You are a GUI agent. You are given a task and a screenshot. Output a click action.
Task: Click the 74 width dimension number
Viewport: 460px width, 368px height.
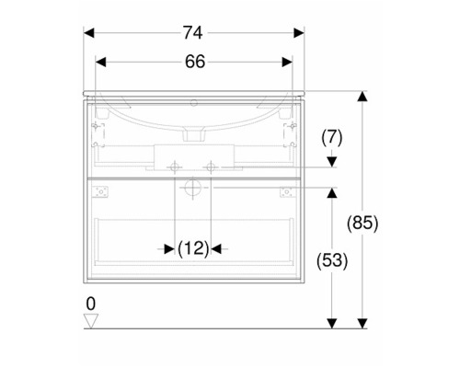coord(193,33)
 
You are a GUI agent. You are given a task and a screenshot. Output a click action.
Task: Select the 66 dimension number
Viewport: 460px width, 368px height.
coord(195,62)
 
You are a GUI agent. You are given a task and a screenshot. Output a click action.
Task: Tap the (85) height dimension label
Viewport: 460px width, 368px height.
coord(362,223)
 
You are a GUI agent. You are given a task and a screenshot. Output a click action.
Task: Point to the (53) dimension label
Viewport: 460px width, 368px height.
coord(332,261)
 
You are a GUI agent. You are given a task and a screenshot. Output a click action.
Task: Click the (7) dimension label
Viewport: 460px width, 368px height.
coord(332,138)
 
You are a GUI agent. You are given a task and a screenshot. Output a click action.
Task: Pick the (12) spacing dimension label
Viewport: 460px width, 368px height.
coord(193,248)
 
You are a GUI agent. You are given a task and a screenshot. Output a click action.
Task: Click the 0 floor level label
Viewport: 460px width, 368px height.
coord(91,304)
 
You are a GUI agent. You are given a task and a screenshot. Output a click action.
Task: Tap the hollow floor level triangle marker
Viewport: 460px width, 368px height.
coord(91,321)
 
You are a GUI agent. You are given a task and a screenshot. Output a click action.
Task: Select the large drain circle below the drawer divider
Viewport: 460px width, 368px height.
coord(192,188)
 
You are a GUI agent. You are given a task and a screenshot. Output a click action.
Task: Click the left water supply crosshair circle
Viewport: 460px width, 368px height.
coord(175,167)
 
